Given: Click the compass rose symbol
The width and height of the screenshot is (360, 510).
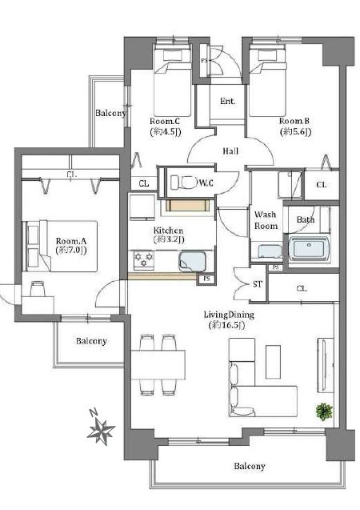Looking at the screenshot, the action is point(102,431).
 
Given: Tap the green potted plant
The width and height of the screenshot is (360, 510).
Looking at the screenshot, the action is point(324,412).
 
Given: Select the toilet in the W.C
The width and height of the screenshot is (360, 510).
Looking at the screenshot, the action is point(184,182).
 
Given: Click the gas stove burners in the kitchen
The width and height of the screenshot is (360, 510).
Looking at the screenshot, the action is point(144,259).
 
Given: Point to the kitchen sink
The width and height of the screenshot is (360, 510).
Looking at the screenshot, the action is point(192,262).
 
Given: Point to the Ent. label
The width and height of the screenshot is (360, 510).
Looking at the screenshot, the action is point(228,101).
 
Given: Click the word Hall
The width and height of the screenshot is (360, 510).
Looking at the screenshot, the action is point(230,151).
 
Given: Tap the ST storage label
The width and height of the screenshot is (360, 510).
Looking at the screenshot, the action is point(258,284).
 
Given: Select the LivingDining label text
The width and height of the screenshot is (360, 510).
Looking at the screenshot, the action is point(229,315).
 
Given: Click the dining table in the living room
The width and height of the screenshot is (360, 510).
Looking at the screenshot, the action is point(158,364).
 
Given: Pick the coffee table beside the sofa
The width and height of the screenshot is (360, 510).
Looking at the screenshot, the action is point(273,362).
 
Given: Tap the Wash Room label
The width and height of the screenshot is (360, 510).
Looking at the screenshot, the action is point(266,220).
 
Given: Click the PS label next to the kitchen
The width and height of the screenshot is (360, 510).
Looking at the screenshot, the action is point(206,279).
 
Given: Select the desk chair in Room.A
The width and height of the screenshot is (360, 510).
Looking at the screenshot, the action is point(38,289).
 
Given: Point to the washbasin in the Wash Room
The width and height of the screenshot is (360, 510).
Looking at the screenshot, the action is point(270,251).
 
